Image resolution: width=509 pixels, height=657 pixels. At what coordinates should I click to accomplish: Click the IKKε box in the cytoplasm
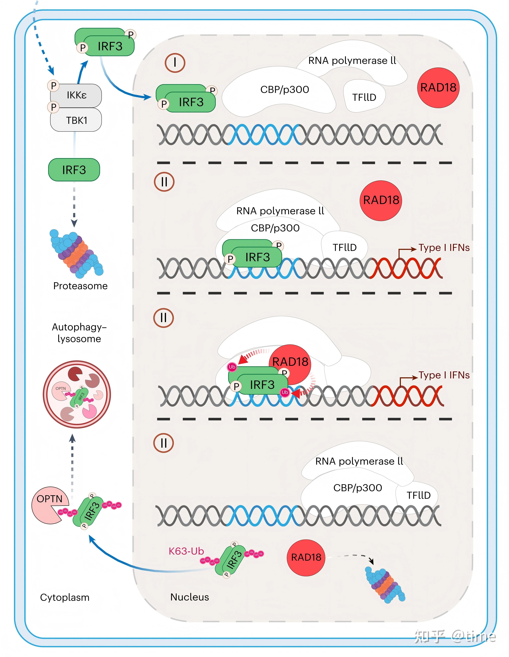click(x=77, y=95)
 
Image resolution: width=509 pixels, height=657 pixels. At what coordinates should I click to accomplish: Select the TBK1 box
click(x=77, y=120)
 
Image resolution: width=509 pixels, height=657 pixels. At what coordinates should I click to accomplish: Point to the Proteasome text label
click(x=80, y=286)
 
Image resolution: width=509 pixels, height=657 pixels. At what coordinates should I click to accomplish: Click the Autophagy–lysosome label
click(x=79, y=333)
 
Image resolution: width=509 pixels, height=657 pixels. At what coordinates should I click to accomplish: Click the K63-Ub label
click(x=186, y=551)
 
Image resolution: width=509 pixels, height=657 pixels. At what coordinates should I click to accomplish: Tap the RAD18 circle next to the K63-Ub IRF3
click(x=306, y=557)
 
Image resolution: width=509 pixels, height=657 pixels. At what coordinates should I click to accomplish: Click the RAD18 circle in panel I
click(x=438, y=87)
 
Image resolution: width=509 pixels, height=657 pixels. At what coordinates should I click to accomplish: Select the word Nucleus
click(x=190, y=597)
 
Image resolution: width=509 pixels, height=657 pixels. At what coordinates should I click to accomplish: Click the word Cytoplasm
click(x=65, y=597)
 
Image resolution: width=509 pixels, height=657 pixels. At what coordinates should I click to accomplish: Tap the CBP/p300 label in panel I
click(x=284, y=89)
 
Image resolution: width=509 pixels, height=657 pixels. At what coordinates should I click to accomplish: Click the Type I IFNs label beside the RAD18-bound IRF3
click(x=444, y=375)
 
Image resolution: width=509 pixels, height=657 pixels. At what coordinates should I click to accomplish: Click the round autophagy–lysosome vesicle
click(x=77, y=394)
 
